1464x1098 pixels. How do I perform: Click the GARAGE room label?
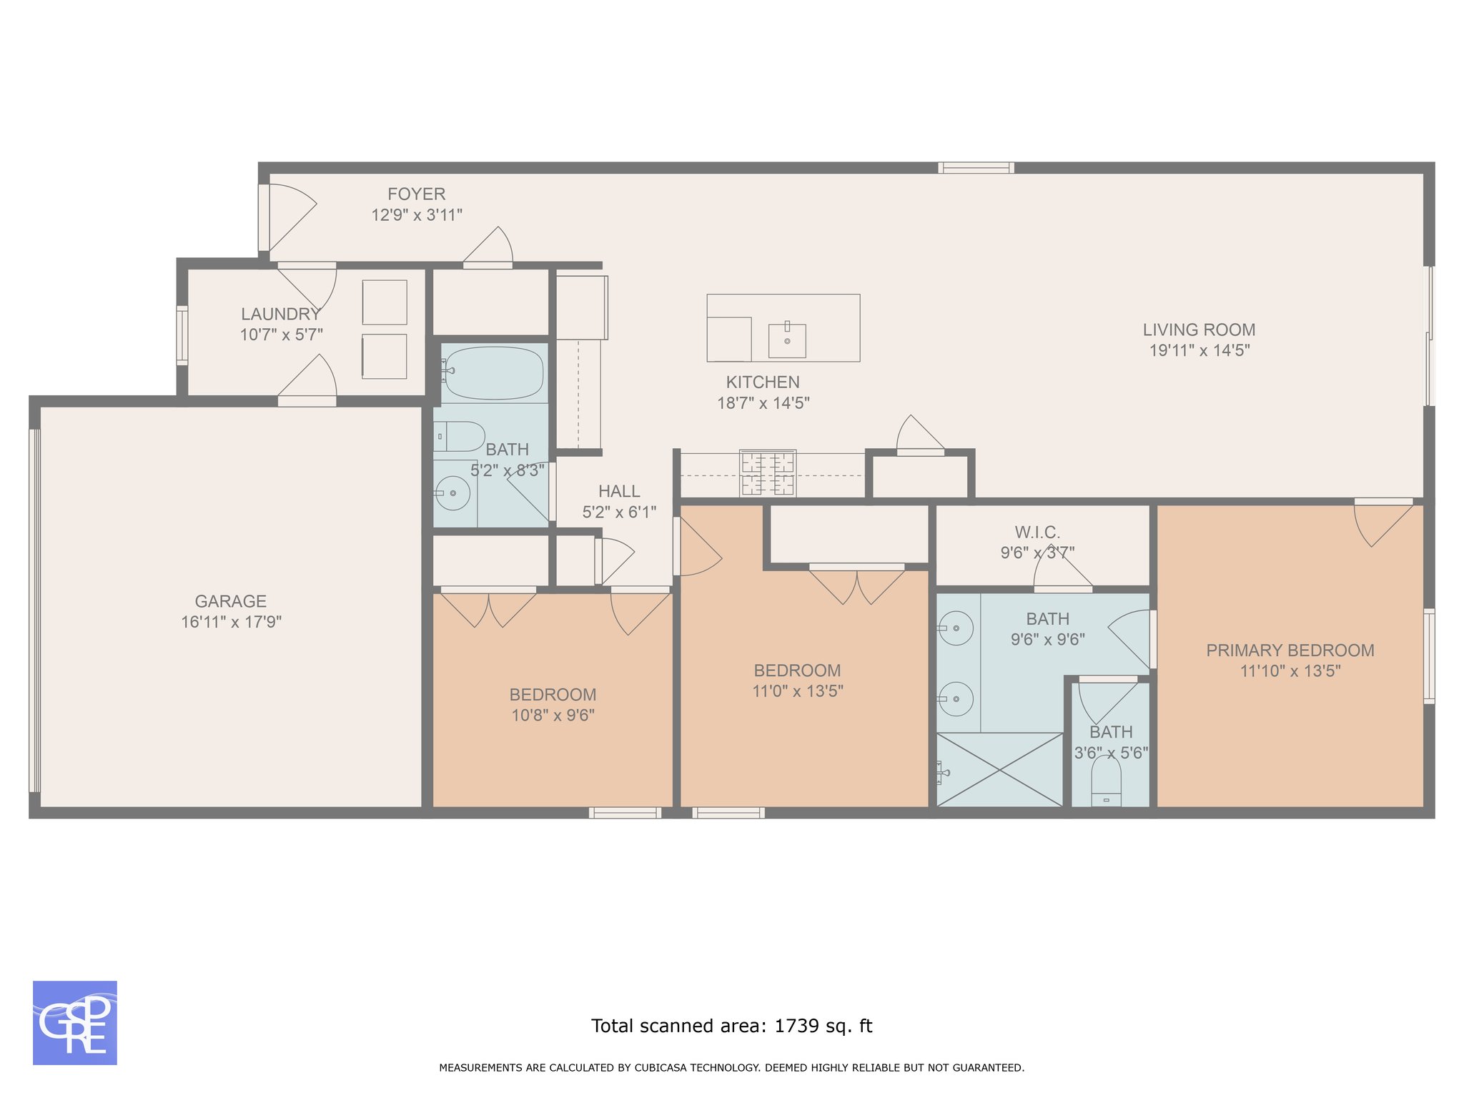click(231, 601)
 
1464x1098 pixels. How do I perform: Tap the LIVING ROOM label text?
click(1199, 330)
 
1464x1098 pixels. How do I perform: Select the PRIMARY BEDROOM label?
click(1290, 651)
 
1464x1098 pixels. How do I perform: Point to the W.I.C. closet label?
click(1037, 533)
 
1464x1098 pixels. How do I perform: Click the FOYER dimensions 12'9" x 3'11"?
click(417, 214)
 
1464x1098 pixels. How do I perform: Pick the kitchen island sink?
click(787, 340)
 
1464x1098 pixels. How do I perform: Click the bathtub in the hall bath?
click(493, 373)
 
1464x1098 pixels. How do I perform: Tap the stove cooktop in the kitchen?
click(768, 473)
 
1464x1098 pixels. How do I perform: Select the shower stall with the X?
click(999, 770)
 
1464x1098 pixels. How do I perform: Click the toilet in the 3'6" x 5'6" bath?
click(1106, 781)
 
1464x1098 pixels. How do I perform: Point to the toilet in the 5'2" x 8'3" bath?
click(459, 436)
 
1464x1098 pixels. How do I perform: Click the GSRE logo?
click(75, 1023)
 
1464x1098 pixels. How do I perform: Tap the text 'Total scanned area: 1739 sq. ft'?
click(732, 1026)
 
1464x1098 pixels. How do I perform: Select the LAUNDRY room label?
click(281, 314)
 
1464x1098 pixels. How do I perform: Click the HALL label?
click(619, 491)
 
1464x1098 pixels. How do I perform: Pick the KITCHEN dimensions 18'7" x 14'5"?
click(763, 403)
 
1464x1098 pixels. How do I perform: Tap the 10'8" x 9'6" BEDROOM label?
click(553, 695)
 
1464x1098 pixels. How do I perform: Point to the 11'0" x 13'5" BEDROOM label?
click(797, 671)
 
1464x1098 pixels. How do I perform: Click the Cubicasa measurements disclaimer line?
click(732, 1068)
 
